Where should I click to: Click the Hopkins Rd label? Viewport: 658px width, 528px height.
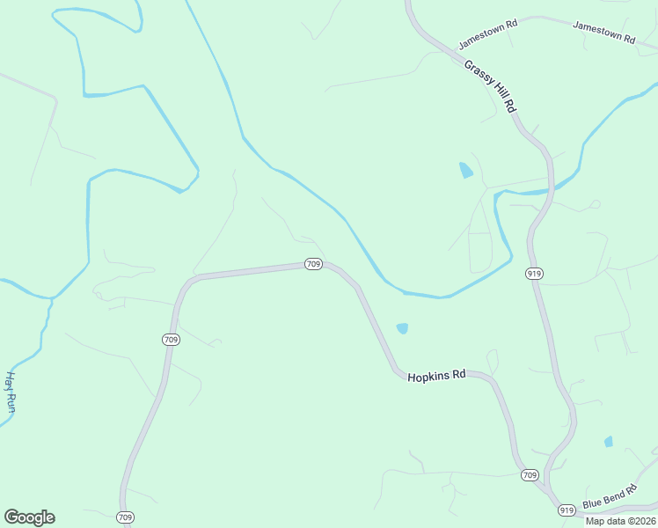tap(435, 376)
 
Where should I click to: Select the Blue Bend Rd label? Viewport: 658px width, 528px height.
tap(603, 500)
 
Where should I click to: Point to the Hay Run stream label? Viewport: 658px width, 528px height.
tap(11, 392)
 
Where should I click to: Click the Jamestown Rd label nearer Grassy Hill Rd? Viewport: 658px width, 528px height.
tap(487, 35)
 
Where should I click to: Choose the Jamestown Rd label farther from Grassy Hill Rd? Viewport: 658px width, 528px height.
tap(603, 32)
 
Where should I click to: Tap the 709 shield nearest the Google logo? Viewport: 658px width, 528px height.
tap(125, 517)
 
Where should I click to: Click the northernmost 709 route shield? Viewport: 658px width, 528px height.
tap(314, 264)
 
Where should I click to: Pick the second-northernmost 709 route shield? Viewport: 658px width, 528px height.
tap(171, 340)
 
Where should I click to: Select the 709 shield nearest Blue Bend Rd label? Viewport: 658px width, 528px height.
tap(529, 475)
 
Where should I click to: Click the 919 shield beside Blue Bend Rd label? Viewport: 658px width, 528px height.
tap(567, 510)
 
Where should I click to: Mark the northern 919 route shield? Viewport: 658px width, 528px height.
tap(534, 274)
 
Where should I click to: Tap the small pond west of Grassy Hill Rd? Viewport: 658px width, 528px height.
tap(465, 170)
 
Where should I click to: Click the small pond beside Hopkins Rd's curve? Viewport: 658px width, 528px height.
tap(402, 328)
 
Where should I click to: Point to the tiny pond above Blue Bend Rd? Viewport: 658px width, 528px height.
tap(608, 441)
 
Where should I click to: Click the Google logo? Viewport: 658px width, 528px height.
tap(29, 517)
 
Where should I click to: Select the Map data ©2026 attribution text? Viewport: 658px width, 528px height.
tap(620, 521)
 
